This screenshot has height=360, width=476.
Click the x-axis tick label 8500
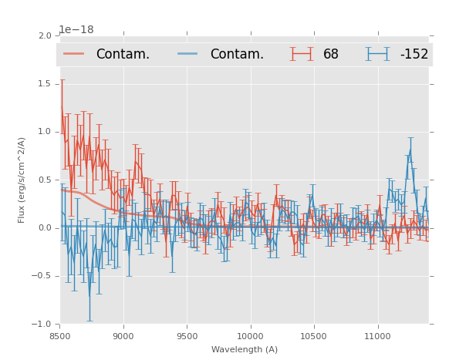[60, 336]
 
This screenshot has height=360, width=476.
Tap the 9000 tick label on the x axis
[123, 336]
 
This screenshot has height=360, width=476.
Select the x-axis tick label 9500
[187, 336]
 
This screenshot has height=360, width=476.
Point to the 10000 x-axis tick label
[250, 336]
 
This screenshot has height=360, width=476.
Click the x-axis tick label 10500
[313, 336]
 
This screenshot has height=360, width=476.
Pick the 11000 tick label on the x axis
[376, 336]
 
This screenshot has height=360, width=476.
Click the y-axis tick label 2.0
[45, 35]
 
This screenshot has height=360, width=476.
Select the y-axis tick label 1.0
[45, 132]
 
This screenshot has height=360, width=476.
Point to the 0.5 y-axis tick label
[45, 180]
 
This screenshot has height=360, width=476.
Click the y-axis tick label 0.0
[45, 228]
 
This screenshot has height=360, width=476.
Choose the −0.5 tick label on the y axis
[42, 276]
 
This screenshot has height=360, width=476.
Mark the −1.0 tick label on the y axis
[42, 325]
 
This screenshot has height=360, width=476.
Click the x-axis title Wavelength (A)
[245, 349]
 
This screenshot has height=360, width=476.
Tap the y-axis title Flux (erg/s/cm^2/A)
[22, 180]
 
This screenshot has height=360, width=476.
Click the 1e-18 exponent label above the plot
[76, 30]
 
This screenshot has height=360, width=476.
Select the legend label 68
[331, 54]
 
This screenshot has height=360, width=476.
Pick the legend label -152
[414, 54]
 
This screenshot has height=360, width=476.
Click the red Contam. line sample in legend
[74, 54]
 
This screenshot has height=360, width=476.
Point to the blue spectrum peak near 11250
[410, 147]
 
